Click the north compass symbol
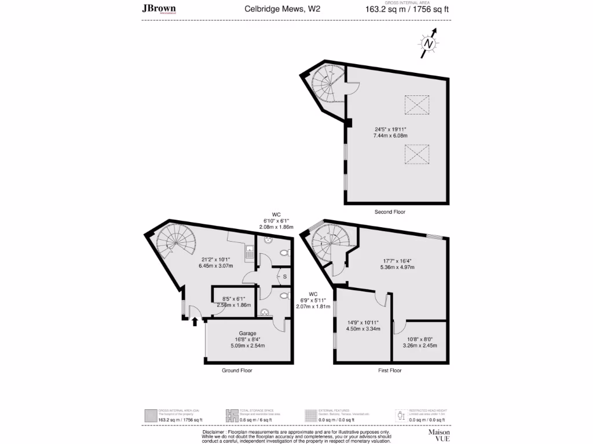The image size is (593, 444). coord(429,43)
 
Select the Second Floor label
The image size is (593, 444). coord(390,212)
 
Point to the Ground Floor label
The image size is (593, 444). coord(237,371)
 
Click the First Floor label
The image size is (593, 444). coord(390,371)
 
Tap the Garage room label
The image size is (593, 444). coord(248,334)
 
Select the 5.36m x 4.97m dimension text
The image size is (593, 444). coord(397,267)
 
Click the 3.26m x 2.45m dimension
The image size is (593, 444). coord(419,346)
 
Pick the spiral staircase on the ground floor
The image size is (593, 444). coord(176,243)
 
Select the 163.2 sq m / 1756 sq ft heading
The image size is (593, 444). coord(407,9)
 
